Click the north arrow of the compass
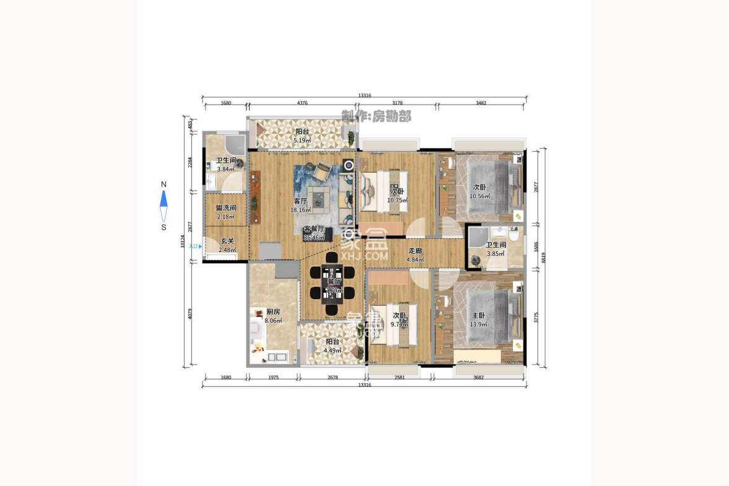[x=164, y=198]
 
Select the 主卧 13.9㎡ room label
[x=478, y=319]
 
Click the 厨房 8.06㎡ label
[x=273, y=316]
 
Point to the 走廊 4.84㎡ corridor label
[x=415, y=255]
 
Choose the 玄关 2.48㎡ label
[x=226, y=245]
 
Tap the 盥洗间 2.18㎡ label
[x=225, y=212]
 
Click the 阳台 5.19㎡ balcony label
[x=302, y=136]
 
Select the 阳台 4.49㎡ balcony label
[x=333, y=345]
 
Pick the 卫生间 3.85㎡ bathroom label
[x=496, y=249]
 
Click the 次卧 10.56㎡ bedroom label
[x=479, y=191]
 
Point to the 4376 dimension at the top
[x=302, y=103]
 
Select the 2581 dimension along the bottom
[x=399, y=377]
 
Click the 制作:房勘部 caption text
[x=376, y=116]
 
